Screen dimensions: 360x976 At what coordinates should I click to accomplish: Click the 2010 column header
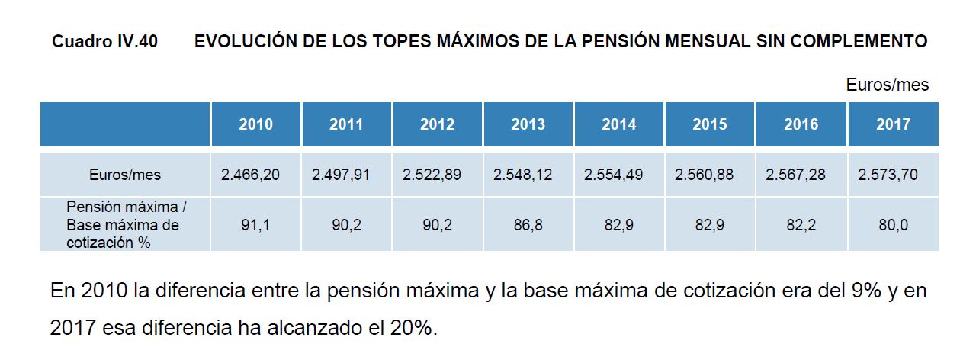click(255, 124)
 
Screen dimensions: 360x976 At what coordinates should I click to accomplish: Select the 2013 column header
click(528, 124)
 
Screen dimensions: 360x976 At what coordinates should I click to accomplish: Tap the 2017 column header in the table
click(893, 124)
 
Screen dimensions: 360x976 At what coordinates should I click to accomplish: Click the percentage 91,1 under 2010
click(255, 226)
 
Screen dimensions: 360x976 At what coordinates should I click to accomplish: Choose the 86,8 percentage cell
click(528, 226)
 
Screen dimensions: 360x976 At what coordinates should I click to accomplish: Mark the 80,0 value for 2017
click(893, 226)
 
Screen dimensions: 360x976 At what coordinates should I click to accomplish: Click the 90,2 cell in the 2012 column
click(437, 226)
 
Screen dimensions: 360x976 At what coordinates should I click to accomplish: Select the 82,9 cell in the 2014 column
click(618, 226)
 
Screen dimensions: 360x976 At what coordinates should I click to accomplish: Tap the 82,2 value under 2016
click(801, 226)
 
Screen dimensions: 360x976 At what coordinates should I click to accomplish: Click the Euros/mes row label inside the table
click(125, 175)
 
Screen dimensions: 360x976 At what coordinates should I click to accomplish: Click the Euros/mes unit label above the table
click(888, 85)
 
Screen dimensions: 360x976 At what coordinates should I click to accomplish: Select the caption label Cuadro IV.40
click(104, 42)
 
